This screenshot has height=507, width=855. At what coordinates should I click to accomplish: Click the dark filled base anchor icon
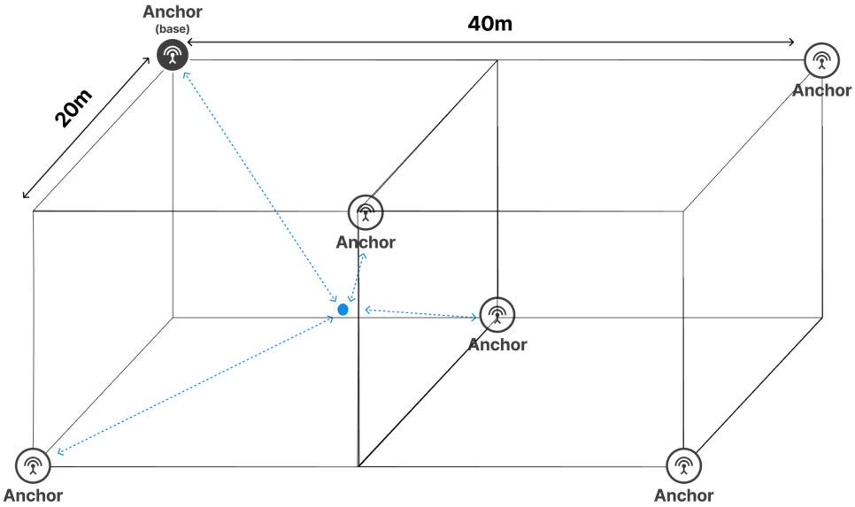coord(172,56)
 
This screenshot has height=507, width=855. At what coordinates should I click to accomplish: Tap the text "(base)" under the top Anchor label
coord(172,28)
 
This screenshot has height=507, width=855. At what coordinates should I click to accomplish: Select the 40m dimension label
coord(489,23)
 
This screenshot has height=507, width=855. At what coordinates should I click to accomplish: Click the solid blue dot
coord(343,310)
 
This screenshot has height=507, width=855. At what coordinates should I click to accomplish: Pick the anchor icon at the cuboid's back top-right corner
coord(821,61)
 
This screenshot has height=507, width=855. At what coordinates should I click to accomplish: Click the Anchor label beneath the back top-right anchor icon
coord(821,90)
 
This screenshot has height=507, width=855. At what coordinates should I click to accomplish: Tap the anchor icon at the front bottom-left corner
coord(33,465)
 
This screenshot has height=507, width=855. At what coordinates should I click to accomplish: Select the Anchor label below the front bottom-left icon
coord(33,495)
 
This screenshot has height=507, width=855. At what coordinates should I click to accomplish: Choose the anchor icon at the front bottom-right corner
coord(683,465)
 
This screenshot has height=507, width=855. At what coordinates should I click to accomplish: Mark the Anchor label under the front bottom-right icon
coord(683,495)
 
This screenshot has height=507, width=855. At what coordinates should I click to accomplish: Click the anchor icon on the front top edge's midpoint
coord(366,212)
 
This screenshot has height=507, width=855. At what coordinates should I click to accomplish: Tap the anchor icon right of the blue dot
coord(497,314)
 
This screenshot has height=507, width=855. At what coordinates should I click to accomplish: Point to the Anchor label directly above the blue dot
coord(366,242)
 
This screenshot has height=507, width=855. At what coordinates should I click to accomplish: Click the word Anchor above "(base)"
coord(172,12)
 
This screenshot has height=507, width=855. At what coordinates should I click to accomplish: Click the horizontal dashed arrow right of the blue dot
coord(420,312)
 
